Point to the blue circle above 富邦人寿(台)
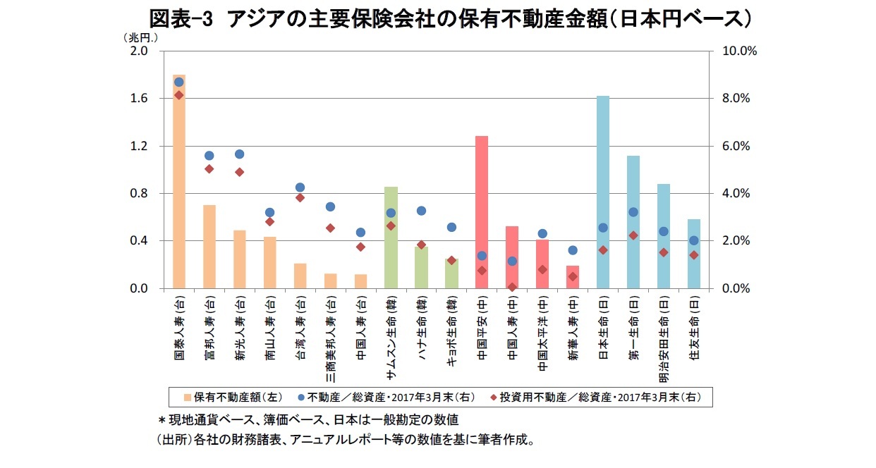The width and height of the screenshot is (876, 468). pyautogui.click(x=209, y=156)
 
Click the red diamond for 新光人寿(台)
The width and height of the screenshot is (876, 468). pyautogui.click(x=239, y=172)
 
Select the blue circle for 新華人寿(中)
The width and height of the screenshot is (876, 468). pyautogui.click(x=573, y=250)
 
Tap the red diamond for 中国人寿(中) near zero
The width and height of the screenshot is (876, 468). pyautogui.click(x=512, y=287)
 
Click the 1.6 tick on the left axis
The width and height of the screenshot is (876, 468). pyautogui.click(x=138, y=99)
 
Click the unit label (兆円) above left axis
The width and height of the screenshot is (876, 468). pyautogui.click(x=140, y=37)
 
